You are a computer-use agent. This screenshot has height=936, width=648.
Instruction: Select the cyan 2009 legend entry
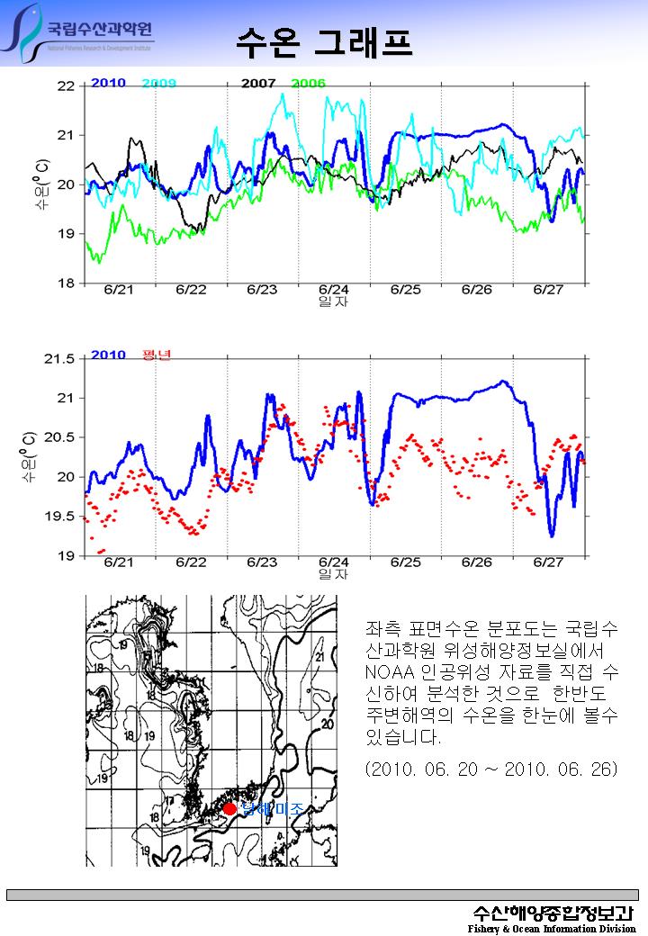click(x=158, y=84)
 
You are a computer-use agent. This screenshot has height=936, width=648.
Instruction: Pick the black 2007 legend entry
click(x=258, y=84)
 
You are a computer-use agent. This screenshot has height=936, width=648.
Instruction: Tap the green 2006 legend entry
click(x=308, y=84)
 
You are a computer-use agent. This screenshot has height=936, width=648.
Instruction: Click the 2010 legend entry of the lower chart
click(x=108, y=355)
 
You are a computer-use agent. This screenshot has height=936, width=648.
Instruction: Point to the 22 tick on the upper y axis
click(x=65, y=86)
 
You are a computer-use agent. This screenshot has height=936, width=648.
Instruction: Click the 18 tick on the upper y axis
click(x=65, y=283)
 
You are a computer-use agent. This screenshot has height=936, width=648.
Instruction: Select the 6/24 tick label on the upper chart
click(x=334, y=290)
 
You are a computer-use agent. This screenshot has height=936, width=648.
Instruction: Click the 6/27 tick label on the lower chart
click(x=548, y=562)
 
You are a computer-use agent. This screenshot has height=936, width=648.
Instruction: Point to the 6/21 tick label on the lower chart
click(x=119, y=562)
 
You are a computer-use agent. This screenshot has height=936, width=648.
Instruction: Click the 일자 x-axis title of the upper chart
click(x=334, y=301)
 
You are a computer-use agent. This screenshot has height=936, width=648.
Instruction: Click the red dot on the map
click(x=230, y=809)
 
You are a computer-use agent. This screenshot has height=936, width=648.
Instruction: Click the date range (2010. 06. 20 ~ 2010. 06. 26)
click(x=491, y=770)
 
